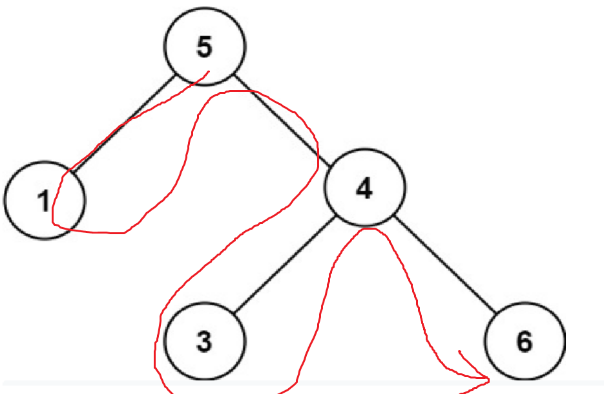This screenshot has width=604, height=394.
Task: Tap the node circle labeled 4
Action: click(365, 188)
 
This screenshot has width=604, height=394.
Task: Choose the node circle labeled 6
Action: click(524, 341)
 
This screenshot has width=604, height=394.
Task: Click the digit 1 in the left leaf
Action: click(43, 201)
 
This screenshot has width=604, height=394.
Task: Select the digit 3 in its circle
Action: click(204, 341)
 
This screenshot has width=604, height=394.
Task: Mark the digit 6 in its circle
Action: click(524, 342)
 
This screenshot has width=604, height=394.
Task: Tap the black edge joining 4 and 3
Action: click(284, 265)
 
